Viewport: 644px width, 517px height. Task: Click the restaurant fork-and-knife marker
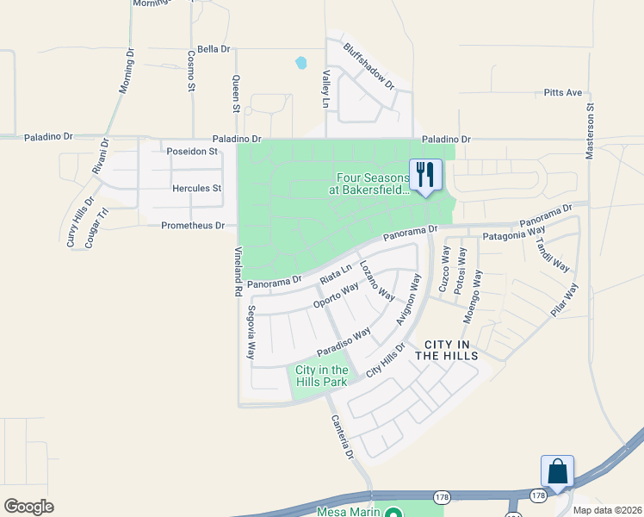(x=424, y=175)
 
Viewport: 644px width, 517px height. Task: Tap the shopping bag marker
(x=557, y=471)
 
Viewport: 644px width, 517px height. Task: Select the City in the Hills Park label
(x=321, y=376)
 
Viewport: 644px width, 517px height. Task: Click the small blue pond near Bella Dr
(x=301, y=63)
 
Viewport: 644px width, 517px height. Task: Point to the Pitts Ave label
(x=563, y=92)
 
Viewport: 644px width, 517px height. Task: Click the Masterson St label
(x=591, y=132)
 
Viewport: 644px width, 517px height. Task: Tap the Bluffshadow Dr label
(x=368, y=67)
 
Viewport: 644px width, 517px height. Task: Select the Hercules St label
(x=197, y=188)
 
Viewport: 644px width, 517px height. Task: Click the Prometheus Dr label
(x=193, y=226)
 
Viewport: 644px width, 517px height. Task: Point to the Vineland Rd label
(x=238, y=272)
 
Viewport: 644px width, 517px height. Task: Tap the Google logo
(x=28, y=507)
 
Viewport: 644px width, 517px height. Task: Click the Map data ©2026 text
(x=607, y=510)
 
